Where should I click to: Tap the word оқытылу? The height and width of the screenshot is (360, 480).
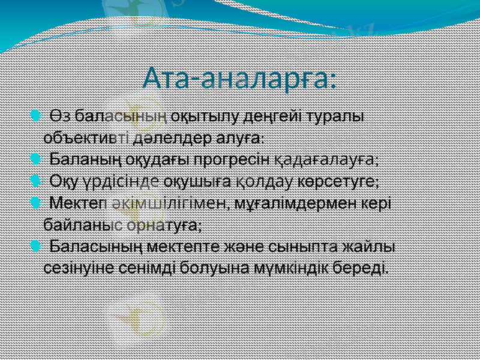197,115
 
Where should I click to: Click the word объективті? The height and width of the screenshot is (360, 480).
84,137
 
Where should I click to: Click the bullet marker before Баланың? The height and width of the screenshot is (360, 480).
35,160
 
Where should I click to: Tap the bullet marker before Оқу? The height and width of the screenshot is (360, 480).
35,181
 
